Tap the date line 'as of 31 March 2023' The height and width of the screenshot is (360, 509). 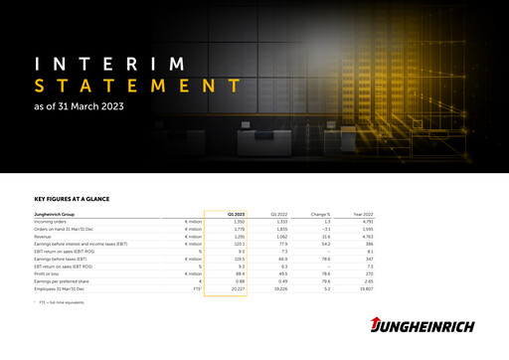point(79,104)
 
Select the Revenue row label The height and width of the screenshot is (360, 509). point(46,237)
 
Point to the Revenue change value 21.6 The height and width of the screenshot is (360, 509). point(324,237)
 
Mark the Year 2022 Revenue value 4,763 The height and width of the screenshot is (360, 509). point(365,237)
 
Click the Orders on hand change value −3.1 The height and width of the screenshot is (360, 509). point(323,229)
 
